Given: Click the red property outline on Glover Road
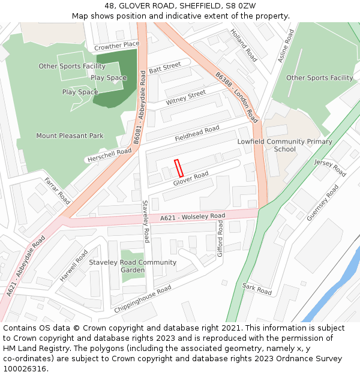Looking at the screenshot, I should pyautogui.click(x=178, y=167).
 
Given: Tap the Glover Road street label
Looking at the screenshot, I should pyautogui.click(x=191, y=178).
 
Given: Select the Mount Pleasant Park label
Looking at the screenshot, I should pyautogui.click(x=70, y=136).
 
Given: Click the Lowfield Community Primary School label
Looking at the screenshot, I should pyautogui.click(x=284, y=145).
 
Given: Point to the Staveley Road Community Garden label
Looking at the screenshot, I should pyautogui.click(x=133, y=266).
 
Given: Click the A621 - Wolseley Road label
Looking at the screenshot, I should pyautogui.click(x=193, y=217).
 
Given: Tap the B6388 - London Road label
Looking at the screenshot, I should pyautogui.click(x=236, y=97).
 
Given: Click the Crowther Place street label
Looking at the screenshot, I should pyautogui.click(x=116, y=46).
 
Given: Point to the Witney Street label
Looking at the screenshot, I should pyautogui.click(x=186, y=98).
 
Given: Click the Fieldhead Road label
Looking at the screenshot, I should pyautogui.click(x=197, y=134).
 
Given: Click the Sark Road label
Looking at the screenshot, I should pyautogui.click(x=257, y=289).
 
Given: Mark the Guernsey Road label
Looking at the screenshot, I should pyautogui.click(x=322, y=203).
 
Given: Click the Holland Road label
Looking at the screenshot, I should pyautogui.click(x=244, y=45).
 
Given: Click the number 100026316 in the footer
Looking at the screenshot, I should pyautogui.click(x=25, y=369).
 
